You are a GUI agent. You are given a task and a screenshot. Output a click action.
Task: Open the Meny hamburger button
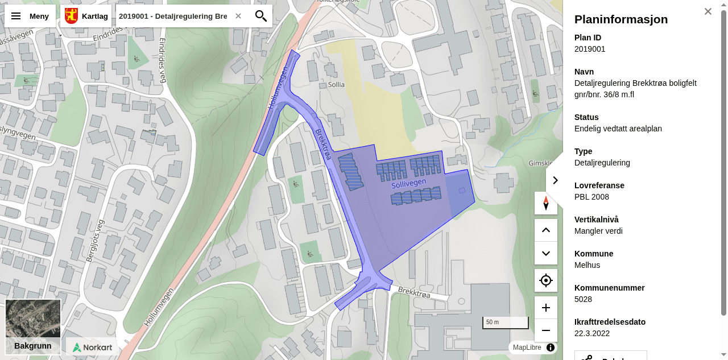(x=30, y=16)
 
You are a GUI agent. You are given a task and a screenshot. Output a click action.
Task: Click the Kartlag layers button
(x=86, y=16)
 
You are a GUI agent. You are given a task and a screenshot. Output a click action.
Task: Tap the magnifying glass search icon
(x=261, y=16)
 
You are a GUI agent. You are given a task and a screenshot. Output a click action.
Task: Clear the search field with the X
(x=238, y=16)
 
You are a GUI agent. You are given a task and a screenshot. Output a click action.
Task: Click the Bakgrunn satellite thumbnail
(x=33, y=326)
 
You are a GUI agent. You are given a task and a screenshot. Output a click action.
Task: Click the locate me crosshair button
(x=546, y=280)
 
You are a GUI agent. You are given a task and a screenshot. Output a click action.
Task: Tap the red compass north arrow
(x=546, y=203)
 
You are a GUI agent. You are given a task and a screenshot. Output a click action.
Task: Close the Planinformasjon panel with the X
(x=708, y=11)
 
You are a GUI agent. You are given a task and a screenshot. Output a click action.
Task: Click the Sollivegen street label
(x=408, y=184)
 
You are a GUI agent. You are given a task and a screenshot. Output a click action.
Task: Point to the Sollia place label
(x=336, y=85)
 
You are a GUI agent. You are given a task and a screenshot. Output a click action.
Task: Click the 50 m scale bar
(x=506, y=322)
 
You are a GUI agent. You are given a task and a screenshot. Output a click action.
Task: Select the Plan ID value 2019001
(x=590, y=49)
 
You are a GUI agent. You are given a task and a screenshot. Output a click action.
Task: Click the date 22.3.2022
(x=592, y=333)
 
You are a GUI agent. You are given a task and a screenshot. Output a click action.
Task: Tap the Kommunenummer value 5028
(x=583, y=299)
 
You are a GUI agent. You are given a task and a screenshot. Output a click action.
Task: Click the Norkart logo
(x=93, y=347)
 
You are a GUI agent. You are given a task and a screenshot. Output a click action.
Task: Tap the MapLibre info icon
(x=550, y=347)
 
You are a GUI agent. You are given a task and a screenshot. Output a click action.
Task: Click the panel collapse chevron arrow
(x=555, y=180)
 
